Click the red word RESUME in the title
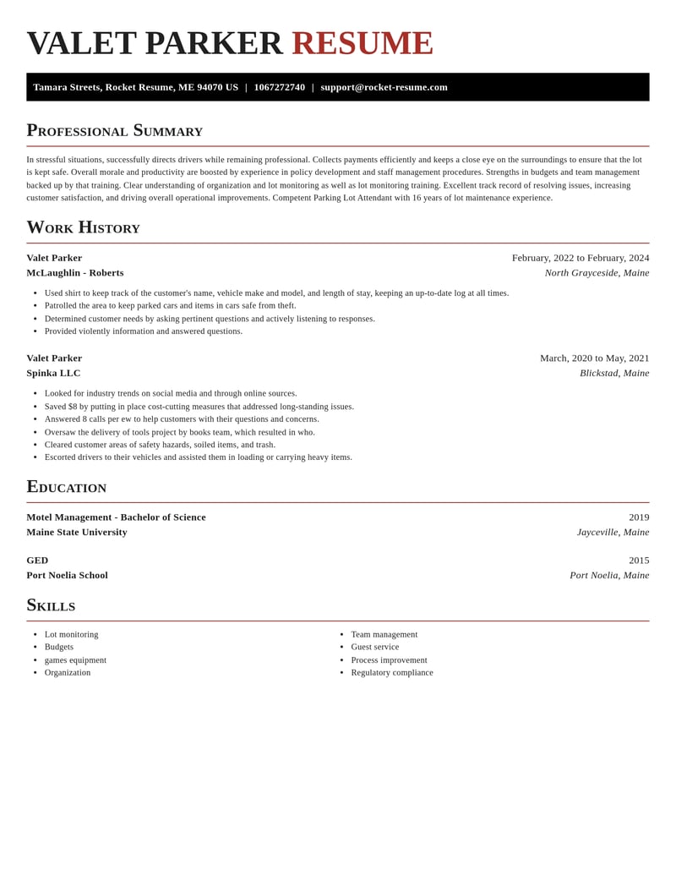tap(362, 43)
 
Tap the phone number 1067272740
tap(279, 87)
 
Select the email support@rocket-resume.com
tap(384, 87)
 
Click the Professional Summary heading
tap(114, 130)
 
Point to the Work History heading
tap(83, 227)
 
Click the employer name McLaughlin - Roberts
tap(75, 272)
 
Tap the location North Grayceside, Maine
tap(597, 272)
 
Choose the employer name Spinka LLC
tap(53, 373)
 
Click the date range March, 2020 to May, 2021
tap(594, 358)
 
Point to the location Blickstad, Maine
tap(614, 373)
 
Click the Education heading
tap(66, 486)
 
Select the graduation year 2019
tap(639, 517)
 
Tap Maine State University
tap(77, 532)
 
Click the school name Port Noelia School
tap(67, 575)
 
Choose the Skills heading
tap(51, 604)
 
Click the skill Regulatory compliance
tap(391, 673)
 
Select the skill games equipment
tap(75, 660)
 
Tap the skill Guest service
tap(374, 647)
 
